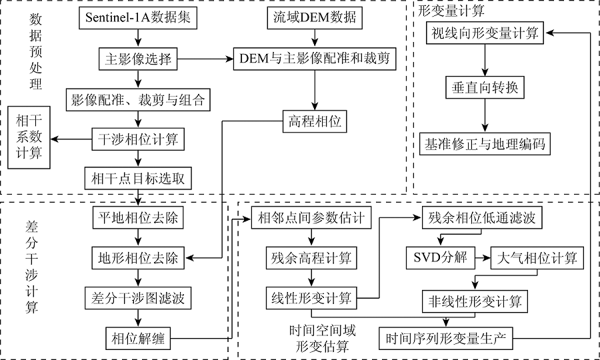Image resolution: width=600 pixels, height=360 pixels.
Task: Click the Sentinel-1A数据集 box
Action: tap(138, 18)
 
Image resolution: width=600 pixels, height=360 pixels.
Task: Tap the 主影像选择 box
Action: tap(138, 60)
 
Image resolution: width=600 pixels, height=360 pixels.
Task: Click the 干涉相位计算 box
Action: tap(138, 139)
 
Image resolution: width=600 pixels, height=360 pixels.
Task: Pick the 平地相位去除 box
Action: tap(138, 218)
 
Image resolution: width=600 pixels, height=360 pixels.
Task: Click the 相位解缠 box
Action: tap(138, 339)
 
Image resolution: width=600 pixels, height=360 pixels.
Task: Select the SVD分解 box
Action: tap(438, 257)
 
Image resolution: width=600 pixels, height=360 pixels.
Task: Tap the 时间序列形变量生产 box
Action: tap(446, 338)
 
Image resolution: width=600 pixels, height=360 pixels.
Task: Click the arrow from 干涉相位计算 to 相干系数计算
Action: tap(71, 139)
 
